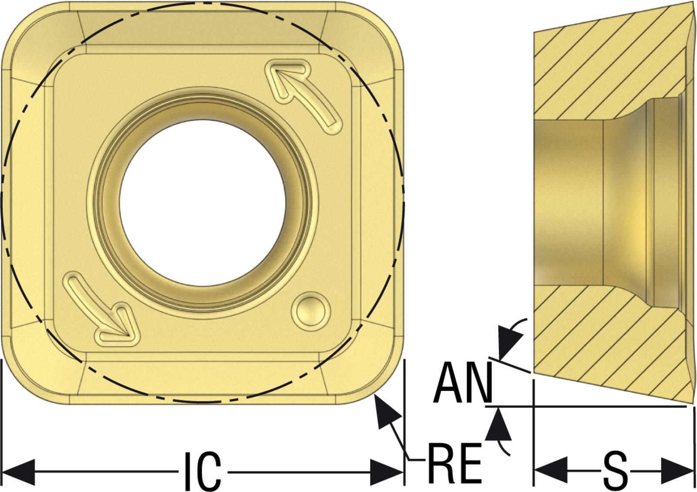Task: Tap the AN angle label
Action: point(463,383)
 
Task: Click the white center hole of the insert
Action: point(203,203)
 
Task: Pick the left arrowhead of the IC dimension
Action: point(19,472)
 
